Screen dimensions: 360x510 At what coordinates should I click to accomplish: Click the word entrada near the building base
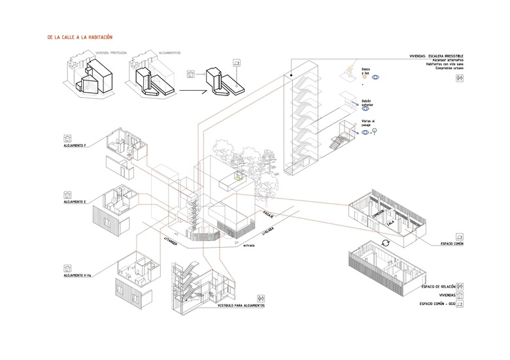coord(248,245)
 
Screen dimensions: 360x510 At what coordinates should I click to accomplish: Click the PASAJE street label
coord(269,214)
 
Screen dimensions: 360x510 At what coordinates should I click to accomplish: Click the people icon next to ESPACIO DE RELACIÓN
coord(462,286)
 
